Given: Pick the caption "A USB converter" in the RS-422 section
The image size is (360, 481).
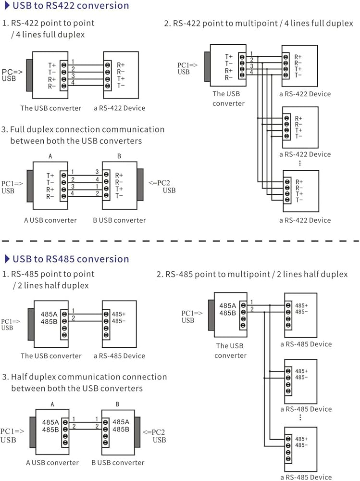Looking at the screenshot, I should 50,220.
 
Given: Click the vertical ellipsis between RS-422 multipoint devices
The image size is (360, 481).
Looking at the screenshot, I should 299,163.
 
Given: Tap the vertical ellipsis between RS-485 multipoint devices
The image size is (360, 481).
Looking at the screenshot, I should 299,418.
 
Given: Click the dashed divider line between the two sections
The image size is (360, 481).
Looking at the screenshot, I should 180,241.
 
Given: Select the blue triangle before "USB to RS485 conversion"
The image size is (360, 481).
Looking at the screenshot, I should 7,259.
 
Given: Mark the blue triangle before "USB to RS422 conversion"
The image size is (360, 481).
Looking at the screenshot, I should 7,6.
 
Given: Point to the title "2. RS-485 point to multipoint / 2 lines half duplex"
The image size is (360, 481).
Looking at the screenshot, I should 252,275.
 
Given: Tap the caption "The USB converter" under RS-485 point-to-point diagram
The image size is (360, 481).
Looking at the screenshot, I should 51,356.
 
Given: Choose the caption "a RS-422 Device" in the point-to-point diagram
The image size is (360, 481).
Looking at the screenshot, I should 119,108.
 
